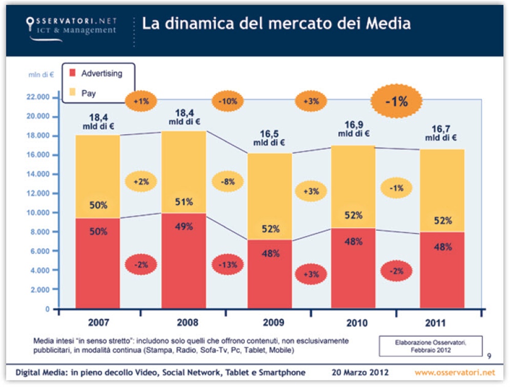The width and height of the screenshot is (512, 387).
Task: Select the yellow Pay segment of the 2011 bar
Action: coord(443,189)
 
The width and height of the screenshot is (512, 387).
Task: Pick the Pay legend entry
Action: coord(88,94)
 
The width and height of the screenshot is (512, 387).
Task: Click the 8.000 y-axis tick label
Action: coord(40,232)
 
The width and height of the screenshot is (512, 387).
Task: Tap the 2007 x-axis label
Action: coord(98,324)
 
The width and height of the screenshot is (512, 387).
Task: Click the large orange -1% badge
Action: coord(396,101)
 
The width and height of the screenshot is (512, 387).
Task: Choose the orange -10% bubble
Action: coord(227,101)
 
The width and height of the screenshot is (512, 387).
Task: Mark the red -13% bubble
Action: coord(227,265)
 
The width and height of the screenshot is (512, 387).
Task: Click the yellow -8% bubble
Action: coord(227,182)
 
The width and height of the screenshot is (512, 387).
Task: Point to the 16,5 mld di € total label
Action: coord(269,138)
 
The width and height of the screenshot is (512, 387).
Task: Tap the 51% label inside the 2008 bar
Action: coord(184,202)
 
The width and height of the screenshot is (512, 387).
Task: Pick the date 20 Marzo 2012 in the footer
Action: coord(360,372)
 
